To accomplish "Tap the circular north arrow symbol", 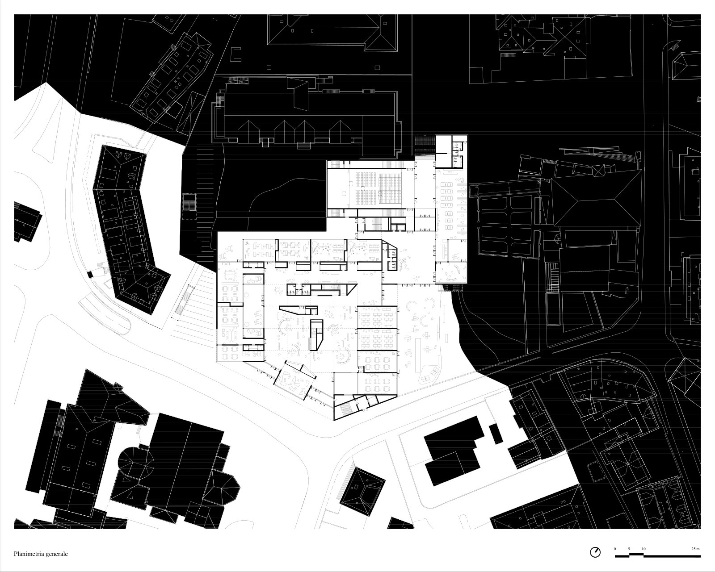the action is (595, 552).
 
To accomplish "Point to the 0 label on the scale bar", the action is (614, 549).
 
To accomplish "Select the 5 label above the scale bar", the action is (629, 549).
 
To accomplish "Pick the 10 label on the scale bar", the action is (643, 549).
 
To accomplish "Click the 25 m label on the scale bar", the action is (695, 549).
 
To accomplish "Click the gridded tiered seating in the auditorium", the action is (390, 188).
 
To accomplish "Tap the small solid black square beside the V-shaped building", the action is (90, 274).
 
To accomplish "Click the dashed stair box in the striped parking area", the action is (189, 206).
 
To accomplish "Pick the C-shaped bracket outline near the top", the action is (236, 54).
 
